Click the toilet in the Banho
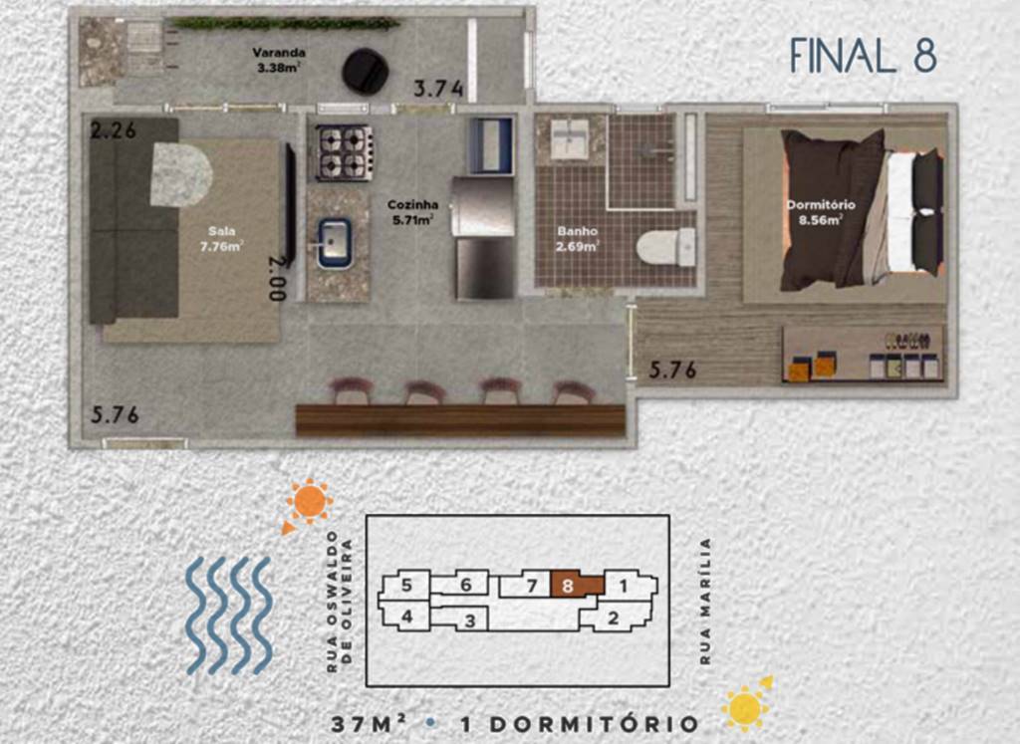coord(664,247)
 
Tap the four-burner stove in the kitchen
coord(344,152)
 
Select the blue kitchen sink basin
coord(335,243)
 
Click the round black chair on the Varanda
coord(366,72)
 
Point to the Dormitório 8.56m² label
coord(821,213)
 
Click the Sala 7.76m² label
coord(222,239)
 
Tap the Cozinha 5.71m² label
coord(412,213)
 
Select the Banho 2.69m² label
coord(578,239)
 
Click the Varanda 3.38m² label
coord(279,60)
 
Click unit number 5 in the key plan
coord(406,586)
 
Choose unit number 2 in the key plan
coord(613,618)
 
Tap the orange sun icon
coord(309,503)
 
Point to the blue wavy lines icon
coord(229,616)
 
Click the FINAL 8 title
coord(864,56)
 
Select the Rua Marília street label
coord(706,601)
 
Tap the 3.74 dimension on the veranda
coord(439,89)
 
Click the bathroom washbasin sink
coord(570,138)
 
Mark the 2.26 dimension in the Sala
coord(114,130)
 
